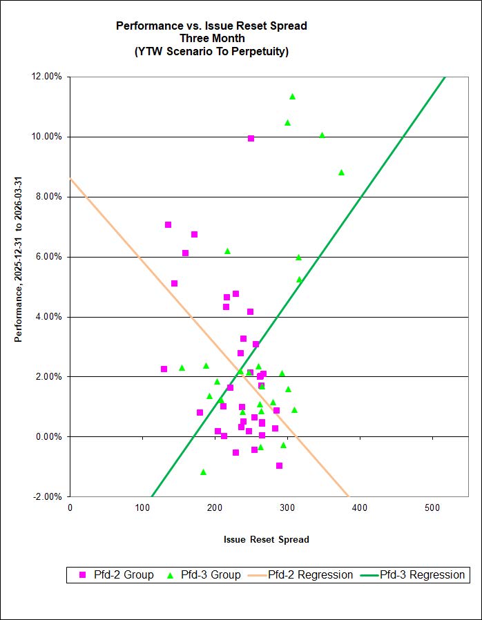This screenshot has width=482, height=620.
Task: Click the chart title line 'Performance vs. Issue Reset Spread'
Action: click(x=211, y=26)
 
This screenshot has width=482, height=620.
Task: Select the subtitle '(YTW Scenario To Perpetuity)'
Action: click(x=211, y=50)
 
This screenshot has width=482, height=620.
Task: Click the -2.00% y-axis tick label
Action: click(x=48, y=496)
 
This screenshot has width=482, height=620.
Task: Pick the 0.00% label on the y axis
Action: click(x=50, y=436)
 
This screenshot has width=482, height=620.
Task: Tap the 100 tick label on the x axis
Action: click(x=142, y=507)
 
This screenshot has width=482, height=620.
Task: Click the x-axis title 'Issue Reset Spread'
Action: click(x=267, y=539)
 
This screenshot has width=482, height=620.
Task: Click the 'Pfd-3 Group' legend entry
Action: click(x=203, y=574)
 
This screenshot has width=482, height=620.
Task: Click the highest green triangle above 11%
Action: click(x=292, y=97)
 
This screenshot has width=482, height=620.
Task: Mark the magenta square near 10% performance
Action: click(x=251, y=139)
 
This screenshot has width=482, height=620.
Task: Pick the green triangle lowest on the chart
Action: click(x=203, y=472)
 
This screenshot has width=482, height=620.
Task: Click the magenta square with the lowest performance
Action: click(x=279, y=465)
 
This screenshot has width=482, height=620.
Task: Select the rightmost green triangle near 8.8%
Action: click(x=341, y=173)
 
